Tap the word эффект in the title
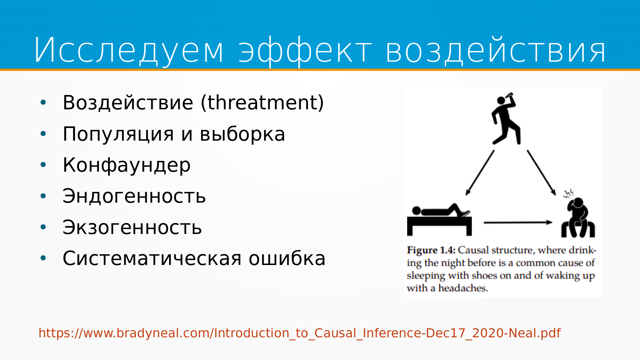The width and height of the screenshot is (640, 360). click(x=305, y=50)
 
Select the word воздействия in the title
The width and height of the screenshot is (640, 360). click(x=496, y=50)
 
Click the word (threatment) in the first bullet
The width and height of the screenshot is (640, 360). click(x=262, y=102)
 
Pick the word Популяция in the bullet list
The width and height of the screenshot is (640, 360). click(x=118, y=134)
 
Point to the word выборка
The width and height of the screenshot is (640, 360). click(x=242, y=134)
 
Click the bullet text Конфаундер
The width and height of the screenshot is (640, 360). click(x=127, y=165)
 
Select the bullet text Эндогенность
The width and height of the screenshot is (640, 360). click(x=134, y=196)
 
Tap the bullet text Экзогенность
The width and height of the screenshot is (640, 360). click(x=132, y=227)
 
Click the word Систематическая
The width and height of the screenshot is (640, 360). click(x=152, y=258)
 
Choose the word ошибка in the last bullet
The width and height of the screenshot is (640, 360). click(x=287, y=258)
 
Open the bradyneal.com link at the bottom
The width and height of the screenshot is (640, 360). click(x=300, y=333)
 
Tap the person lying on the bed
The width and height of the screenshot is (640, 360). click(x=439, y=220)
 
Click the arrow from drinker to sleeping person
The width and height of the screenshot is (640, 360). click(x=480, y=173)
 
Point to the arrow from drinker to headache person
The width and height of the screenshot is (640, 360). click(x=541, y=173)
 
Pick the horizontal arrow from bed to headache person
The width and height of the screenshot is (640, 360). click(x=518, y=222)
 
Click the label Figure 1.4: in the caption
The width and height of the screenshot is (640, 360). click(x=431, y=250)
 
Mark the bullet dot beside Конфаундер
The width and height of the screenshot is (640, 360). click(x=43, y=165)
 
